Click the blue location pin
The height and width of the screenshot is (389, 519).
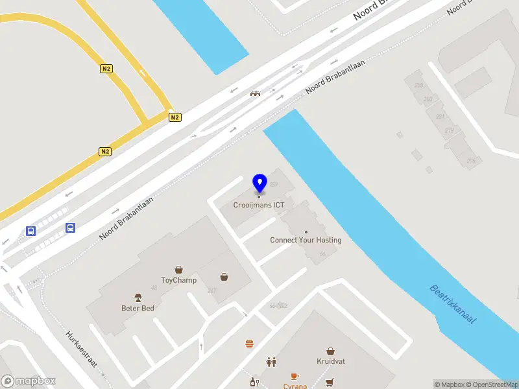(x=259, y=183)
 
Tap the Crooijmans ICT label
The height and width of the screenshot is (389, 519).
(x=259, y=206)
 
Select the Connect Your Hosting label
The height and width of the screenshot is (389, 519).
(x=306, y=240)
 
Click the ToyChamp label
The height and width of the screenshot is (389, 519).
(x=179, y=280)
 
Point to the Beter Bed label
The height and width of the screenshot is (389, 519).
(x=138, y=308)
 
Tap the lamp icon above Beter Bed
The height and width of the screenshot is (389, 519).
(x=138, y=298)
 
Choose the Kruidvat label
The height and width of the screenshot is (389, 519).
(x=330, y=361)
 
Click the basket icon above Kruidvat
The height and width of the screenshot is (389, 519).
(x=330, y=351)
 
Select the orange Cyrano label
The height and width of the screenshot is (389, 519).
(x=295, y=386)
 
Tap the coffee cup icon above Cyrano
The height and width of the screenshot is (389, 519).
(x=295, y=376)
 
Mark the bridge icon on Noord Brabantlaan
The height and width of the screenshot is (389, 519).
(x=256, y=93)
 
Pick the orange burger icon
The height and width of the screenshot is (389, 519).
(x=249, y=344)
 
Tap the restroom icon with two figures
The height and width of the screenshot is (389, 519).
(x=271, y=362)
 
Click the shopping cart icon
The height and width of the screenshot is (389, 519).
(x=330, y=382)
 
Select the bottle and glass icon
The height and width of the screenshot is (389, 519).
(x=254, y=382)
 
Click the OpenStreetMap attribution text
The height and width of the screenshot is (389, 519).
(x=491, y=384)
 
